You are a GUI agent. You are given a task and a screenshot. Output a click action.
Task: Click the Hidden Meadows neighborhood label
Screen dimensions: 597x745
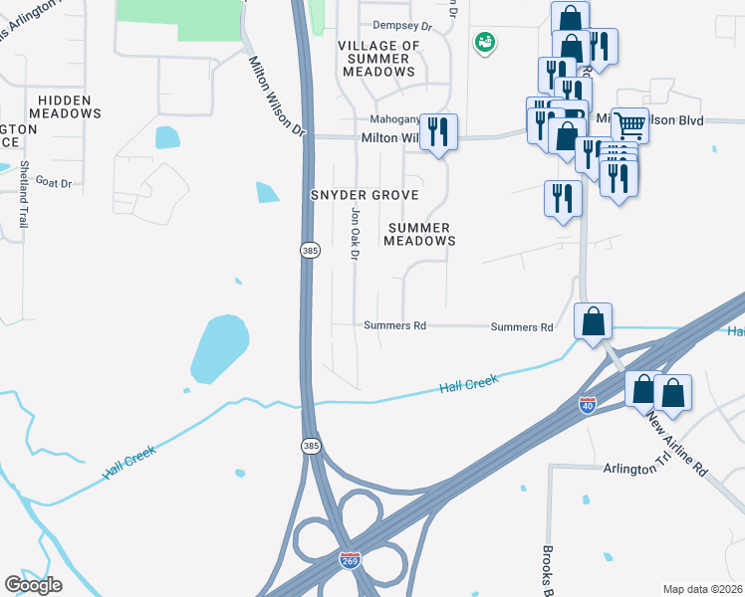[x=65, y=106]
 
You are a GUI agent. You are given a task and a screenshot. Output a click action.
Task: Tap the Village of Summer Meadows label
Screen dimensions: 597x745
[x=378, y=59]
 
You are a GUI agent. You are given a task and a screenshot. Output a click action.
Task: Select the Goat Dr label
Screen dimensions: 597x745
[x=54, y=182]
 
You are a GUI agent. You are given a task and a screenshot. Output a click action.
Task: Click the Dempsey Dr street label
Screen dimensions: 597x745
[x=402, y=26]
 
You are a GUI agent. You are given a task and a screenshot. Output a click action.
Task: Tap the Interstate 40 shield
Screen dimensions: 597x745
[x=587, y=406]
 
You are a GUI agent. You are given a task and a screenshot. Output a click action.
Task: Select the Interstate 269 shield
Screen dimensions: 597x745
[x=350, y=562]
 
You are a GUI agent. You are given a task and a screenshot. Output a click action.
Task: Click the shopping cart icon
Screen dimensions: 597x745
[x=629, y=125]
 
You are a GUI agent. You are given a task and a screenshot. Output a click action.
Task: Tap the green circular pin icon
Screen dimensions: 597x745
[x=485, y=42]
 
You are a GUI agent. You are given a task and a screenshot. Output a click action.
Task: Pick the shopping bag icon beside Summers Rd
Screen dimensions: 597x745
[x=593, y=322]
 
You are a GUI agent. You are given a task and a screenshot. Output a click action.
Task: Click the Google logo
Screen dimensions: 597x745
[x=33, y=585]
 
